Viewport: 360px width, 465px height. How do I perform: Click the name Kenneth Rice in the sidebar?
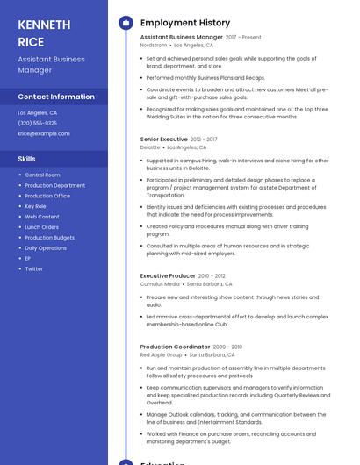(x=43, y=32)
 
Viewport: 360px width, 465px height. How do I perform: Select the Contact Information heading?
(x=56, y=97)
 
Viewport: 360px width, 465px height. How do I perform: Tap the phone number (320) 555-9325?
(x=37, y=123)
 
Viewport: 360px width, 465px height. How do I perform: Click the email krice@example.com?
(x=44, y=133)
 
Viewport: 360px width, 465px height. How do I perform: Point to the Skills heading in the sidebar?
(x=27, y=159)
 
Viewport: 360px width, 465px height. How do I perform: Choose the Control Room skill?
(x=42, y=175)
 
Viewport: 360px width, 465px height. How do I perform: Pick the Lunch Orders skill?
(x=41, y=227)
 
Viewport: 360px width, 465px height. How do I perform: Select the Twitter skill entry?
(x=33, y=268)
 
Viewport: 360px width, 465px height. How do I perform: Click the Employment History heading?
(x=185, y=23)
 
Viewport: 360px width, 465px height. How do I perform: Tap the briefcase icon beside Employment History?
(x=125, y=23)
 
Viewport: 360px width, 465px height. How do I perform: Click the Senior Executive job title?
(x=163, y=139)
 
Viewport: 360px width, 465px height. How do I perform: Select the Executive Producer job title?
(x=168, y=275)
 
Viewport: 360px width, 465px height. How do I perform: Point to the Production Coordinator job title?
(x=175, y=347)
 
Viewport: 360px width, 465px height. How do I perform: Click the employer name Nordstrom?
(x=154, y=45)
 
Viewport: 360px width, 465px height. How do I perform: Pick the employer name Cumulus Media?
(x=160, y=284)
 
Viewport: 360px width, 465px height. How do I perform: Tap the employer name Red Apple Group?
(x=162, y=355)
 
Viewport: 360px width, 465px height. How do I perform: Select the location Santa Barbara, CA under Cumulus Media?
(x=210, y=284)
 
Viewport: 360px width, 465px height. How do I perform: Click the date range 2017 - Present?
(x=244, y=38)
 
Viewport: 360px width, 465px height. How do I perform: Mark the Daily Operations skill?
(x=46, y=247)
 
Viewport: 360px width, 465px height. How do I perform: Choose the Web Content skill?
(x=42, y=217)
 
